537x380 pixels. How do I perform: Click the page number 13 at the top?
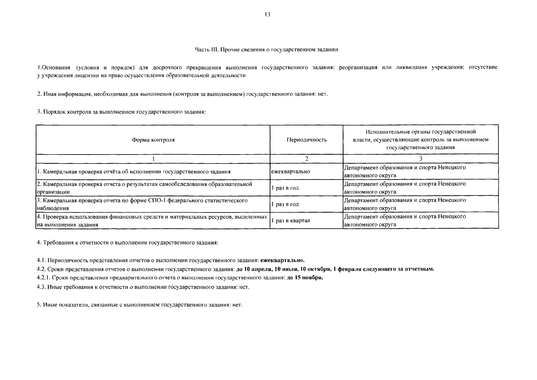[x=267, y=15]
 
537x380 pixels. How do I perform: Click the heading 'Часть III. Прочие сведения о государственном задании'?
[x=266, y=49]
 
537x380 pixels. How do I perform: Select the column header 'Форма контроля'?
[x=153, y=140]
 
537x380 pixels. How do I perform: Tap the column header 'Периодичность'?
[x=306, y=140]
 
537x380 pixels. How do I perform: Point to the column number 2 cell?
[x=306, y=159]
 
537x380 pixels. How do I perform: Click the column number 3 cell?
[x=420, y=159]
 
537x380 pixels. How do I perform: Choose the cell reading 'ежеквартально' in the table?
[x=290, y=172]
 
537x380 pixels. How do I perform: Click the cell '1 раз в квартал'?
[x=290, y=221]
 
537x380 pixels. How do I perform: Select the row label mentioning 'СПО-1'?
[x=141, y=204]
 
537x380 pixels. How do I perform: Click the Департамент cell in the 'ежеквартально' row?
[x=404, y=171]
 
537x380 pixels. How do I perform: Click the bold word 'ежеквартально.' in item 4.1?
[x=282, y=260]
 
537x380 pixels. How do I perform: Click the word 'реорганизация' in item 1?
[x=358, y=67]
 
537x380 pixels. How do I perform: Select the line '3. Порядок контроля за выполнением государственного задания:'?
[x=121, y=112]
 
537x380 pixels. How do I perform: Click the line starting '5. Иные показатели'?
[x=139, y=305]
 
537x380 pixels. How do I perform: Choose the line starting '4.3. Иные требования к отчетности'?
[x=143, y=287]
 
